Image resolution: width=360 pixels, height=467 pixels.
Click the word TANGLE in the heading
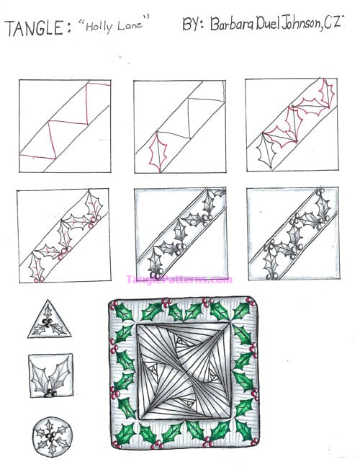pos(35,28)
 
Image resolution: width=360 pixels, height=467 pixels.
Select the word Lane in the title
pos(130,25)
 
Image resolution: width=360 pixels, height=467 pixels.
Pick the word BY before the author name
pos(193,24)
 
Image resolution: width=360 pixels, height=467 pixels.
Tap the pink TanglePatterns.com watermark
pos(179,280)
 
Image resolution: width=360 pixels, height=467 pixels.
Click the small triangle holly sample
pos(50,321)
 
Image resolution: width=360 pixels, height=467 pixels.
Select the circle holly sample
pos(53,436)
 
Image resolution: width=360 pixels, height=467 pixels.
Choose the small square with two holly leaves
pos(51,375)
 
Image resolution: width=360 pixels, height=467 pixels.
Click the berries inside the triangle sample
pos(48,321)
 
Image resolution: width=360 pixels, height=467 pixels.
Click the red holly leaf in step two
pos(158,152)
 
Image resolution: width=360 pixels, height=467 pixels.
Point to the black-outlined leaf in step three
pos(267,151)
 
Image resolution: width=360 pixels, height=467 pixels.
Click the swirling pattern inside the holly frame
pos(184,371)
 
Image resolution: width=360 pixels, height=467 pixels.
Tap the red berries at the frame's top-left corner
pos(114,304)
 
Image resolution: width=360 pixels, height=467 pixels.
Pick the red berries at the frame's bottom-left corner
pos(116,444)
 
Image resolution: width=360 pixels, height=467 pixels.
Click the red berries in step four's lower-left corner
pos(39,279)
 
